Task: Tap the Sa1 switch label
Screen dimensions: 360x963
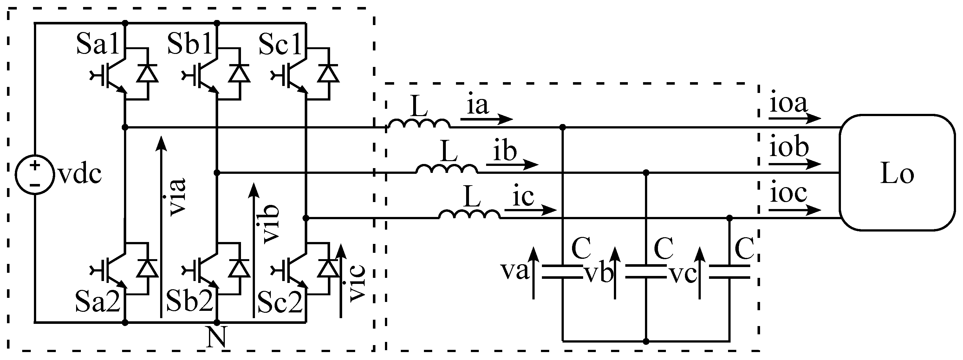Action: click(97, 44)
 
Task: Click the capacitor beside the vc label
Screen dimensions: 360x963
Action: click(729, 272)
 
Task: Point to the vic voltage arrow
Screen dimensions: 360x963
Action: click(341, 280)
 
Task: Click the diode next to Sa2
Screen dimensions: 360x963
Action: click(147, 268)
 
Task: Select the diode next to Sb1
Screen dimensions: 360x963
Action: click(239, 73)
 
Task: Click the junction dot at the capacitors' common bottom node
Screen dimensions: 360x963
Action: click(646, 341)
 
